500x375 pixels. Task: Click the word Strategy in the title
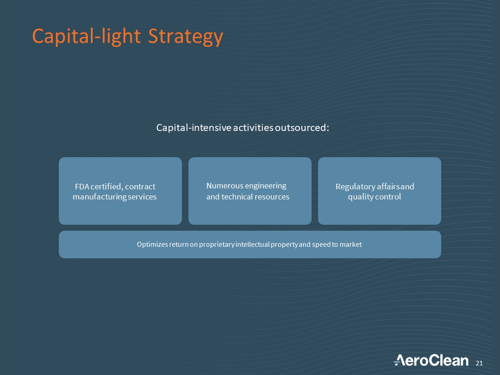(x=185, y=37)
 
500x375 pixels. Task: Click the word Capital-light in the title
(x=86, y=37)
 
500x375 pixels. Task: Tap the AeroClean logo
(x=431, y=360)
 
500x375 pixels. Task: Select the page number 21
(x=479, y=363)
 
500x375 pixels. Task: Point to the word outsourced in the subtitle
(x=302, y=128)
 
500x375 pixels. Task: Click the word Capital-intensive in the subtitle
(x=194, y=128)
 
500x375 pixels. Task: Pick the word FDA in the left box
(x=82, y=187)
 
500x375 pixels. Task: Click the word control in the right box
(x=388, y=197)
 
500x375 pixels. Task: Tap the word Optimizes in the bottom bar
(x=152, y=245)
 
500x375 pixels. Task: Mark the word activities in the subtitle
(x=253, y=128)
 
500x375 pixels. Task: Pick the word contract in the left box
(x=140, y=187)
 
